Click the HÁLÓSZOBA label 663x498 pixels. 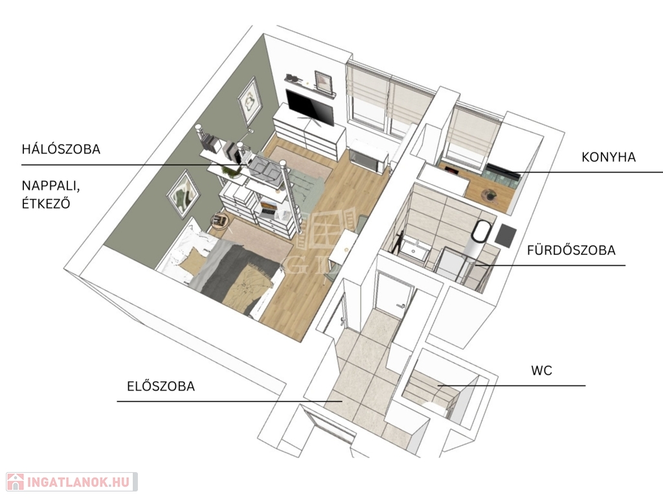point(61,148)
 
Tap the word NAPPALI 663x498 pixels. point(51,186)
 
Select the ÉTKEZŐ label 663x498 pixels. point(46,203)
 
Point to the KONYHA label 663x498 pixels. point(609,157)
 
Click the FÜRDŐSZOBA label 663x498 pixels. point(571,250)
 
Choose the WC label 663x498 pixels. point(542,370)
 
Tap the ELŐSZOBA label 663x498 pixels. point(161,386)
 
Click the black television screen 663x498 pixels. point(310,107)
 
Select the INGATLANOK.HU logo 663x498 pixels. point(72,482)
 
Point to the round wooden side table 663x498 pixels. point(220,220)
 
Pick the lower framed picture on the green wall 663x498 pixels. point(183,194)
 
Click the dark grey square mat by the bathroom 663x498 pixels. point(505,236)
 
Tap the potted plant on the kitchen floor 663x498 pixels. point(490,195)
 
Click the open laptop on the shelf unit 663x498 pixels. point(267,208)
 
